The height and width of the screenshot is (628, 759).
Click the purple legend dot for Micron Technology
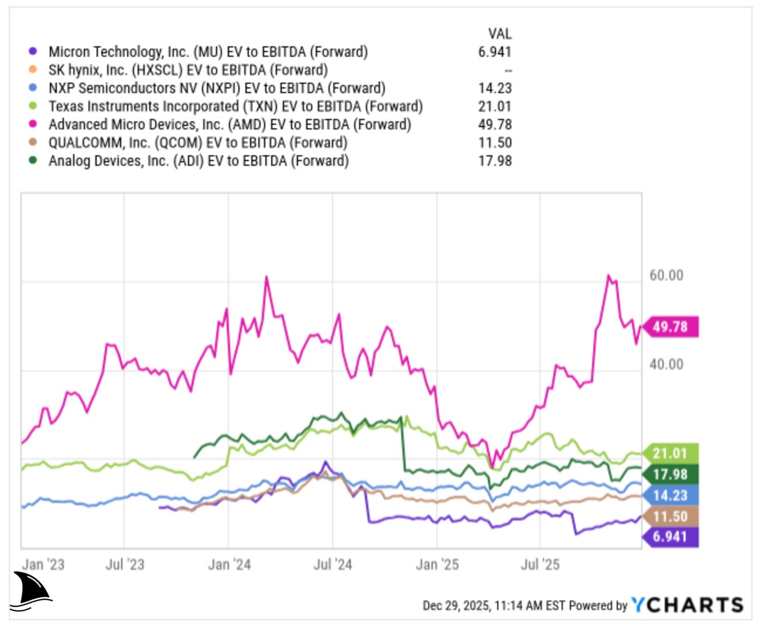pyautogui.click(x=33, y=52)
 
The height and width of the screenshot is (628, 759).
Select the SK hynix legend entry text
pyautogui.click(x=187, y=70)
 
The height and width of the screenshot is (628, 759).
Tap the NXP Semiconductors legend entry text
pyautogui.click(x=217, y=88)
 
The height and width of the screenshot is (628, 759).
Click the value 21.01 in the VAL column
pyautogui.click(x=494, y=106)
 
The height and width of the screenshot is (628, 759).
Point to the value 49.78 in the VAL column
pyautogui.click(x=494, y=124)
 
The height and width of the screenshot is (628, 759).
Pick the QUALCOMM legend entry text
pyautogui.click(x=197, y=142)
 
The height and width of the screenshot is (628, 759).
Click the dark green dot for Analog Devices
pyautogui.click(x=33, y=161)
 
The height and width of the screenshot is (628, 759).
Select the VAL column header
pyautogui.click(x=499, y=33)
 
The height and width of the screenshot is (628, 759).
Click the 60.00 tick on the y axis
pyautogui.click(x=666, y=275)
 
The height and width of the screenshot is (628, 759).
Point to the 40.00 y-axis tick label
pyautogui.click(x=666, y=364)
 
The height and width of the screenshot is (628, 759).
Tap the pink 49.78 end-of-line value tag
pyautogui.click(x=671, y=327)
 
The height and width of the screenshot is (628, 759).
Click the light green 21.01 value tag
pyautogui.click(x=671, y=453)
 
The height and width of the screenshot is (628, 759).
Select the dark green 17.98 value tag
pyautogui.click(x=671, y=475)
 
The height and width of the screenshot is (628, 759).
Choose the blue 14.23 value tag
pyautogui.click(x=671, y=496)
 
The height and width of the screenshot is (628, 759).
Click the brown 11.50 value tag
pyautogui.click(x=671, y=517)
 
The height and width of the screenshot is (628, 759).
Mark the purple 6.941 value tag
pyautogui.click(x=671, y=537)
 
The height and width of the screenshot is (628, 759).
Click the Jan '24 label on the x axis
pyautogui.click(x=229, y=565)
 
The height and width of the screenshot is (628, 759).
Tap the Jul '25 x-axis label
pyautogui.click(x=540, y=565)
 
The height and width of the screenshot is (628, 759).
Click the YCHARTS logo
pyautogui.click(x=687, y=605)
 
